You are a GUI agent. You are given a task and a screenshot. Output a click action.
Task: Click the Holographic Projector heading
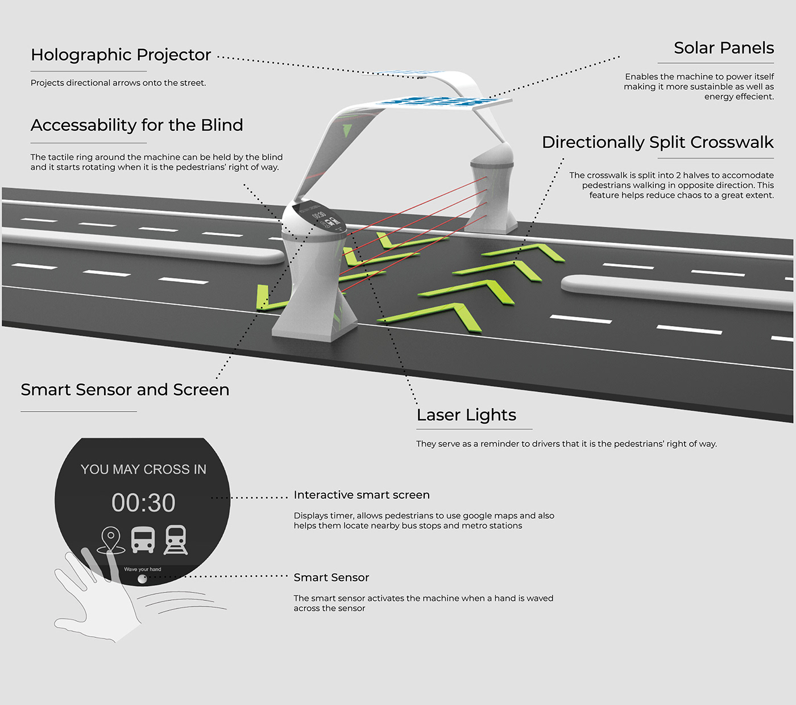(x=121, y=55)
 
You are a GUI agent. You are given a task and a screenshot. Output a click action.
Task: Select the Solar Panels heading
(x=723, y=48)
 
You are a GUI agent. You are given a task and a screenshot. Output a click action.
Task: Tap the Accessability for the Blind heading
(x=136, y=125)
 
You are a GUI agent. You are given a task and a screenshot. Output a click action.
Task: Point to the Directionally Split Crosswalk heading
(x=657, y=142)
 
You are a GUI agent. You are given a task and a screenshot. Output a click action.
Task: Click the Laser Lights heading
(x=466, y=415)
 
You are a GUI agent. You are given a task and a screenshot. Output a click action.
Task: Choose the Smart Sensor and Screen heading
(x=125, y=390)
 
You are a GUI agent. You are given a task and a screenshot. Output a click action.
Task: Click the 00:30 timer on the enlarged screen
(x=143, y=503)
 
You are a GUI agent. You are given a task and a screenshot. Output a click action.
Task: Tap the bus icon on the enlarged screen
(x=143, y=540)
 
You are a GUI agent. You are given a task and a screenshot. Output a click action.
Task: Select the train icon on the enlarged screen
(x=176, y=540)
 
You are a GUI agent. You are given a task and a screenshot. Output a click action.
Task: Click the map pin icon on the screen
(x=111, y=540)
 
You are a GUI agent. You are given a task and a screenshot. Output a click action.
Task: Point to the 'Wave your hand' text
(x=143, y=569)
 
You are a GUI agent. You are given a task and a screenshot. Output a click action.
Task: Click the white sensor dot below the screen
(x=142, y=579)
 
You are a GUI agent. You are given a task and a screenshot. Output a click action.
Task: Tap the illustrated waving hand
(x=97, y=597)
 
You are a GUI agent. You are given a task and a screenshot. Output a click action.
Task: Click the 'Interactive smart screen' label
(x=362, y=495)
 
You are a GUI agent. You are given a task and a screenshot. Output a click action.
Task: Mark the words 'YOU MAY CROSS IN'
(x=143, y=470)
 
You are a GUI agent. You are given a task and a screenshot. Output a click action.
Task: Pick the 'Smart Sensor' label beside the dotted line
(x=331, y=578)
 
